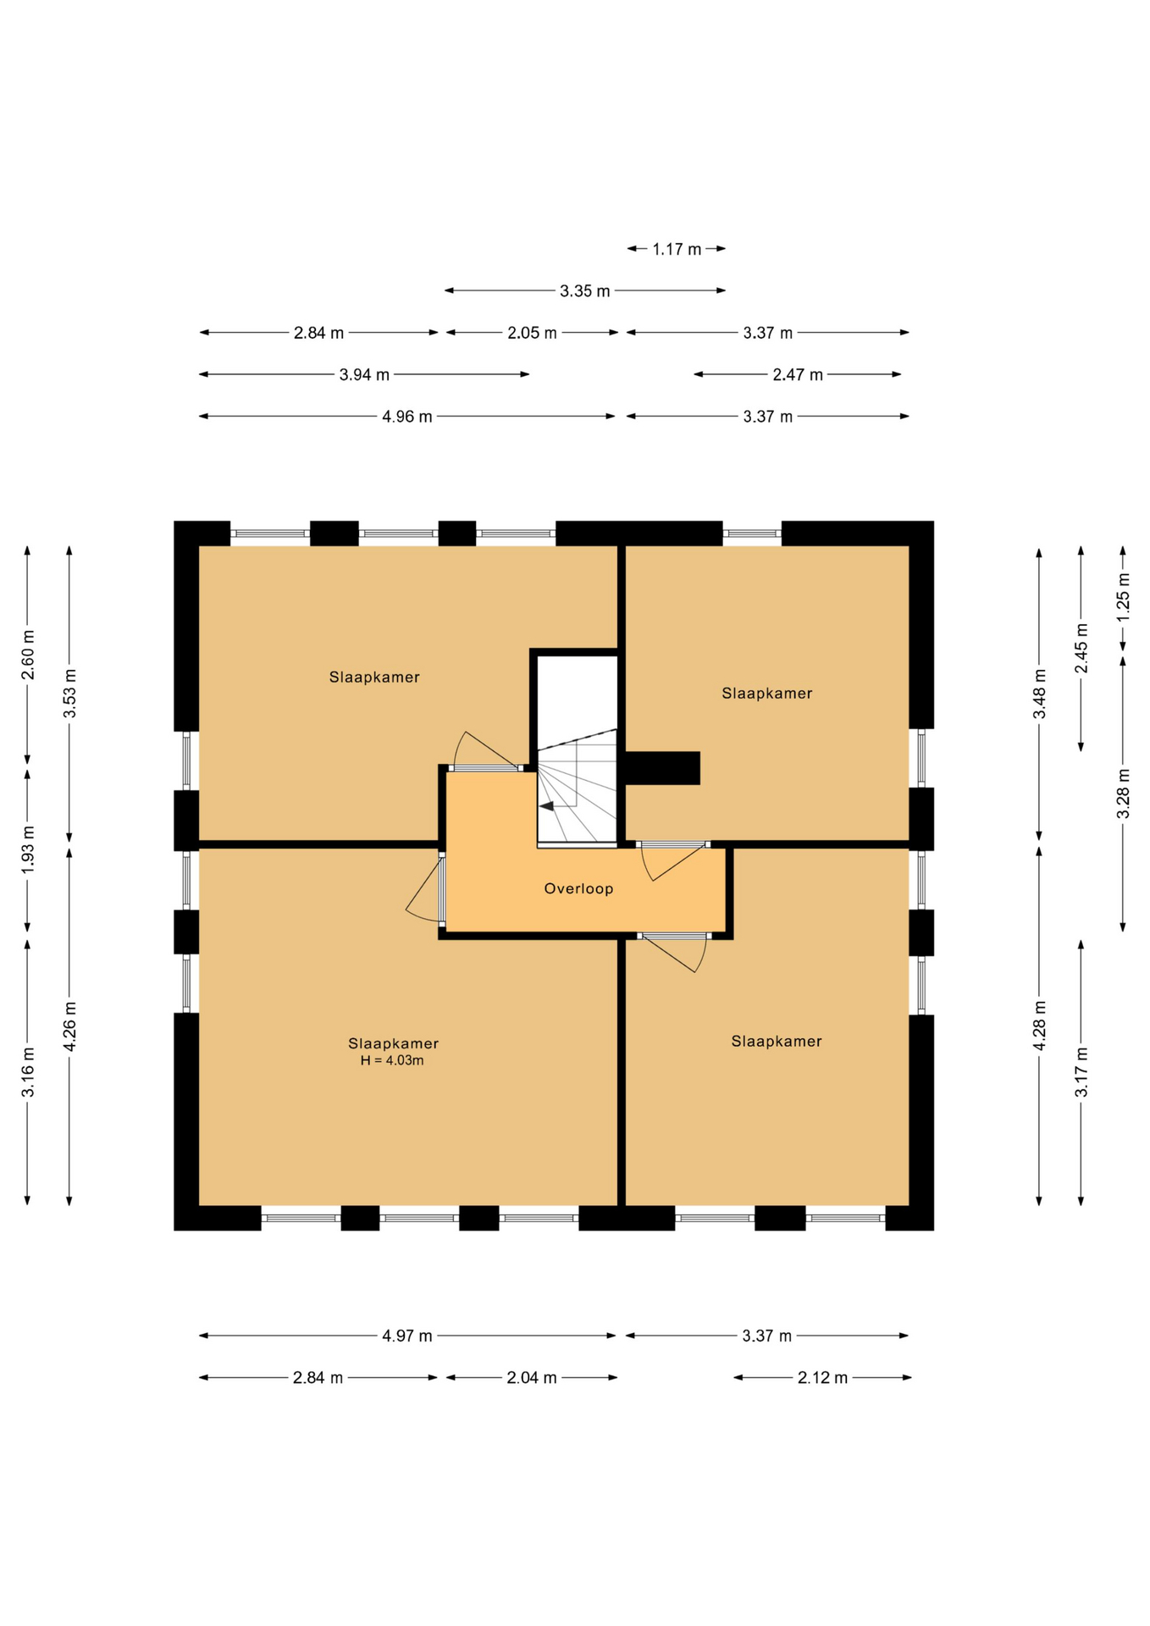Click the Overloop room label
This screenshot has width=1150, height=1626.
pyautogui.click(x=578, y=888)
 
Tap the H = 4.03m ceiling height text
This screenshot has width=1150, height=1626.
pyautogui.click(x=392, y=1060)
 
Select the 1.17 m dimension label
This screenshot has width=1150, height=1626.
pyautogui.click(x=677, y=249)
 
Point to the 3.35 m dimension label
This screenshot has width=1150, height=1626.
pyautogui.click(x=584, y=291)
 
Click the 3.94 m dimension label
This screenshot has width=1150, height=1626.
pyautogui.click(x=364, y=374)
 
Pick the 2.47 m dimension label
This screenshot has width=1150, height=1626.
pyautogui.click(x=798, y=374)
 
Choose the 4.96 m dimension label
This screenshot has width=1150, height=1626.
pyautogui.click(x=407, y=417)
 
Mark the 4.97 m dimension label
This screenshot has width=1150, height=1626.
pyautogui.click(x=407, y=1336)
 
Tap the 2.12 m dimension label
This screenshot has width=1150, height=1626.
pyautogui.click(x=822, y=1378)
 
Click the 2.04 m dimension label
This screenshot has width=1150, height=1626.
pyautogui.click(x=532, y=1378)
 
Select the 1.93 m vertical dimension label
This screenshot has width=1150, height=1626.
pyautogui.click(x=28, y=849)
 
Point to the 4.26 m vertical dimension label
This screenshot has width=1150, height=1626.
pyautogui.click(x=70, y=1026)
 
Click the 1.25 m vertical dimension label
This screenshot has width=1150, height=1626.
pyautogui.click(x=1123, y=598)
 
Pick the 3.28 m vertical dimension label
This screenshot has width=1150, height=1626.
pyautogui.click(x=1123, y=794)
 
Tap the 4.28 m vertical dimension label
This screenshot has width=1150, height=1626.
pyautogui.click(x=1040, y=1026)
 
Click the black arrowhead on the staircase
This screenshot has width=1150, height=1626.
pyautogui.click(x=547, y=805)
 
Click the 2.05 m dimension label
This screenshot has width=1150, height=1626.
pyautogui.click(x=532, y=333)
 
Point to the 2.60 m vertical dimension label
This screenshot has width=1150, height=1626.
pyautogui.click(x=28, y=654)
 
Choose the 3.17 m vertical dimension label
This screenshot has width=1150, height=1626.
pyautogui.click(x=1081, y=1072)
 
